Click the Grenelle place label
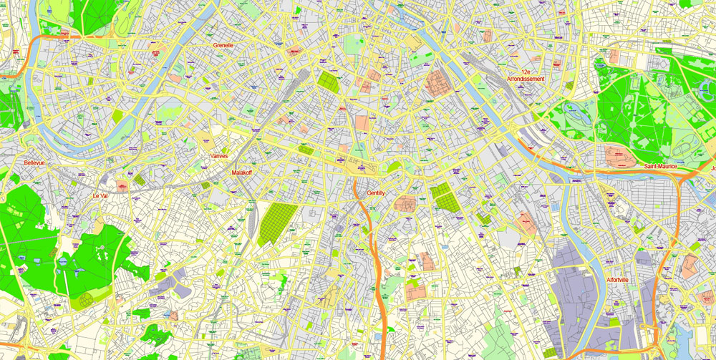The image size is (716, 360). pos(223,45)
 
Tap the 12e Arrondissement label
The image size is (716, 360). pos(526,75)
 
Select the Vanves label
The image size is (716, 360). pos(219,156)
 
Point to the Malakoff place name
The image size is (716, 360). pos(242,172)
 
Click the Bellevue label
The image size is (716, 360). pos(34,163)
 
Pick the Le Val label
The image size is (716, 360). pos(100,195)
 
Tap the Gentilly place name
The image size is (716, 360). pos(376,193)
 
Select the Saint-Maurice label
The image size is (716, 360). pos(660,167)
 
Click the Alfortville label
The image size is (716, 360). pos(616,280)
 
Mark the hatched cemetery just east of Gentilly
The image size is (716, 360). pos(445,197)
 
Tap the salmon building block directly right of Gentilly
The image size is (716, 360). pos(405,203)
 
